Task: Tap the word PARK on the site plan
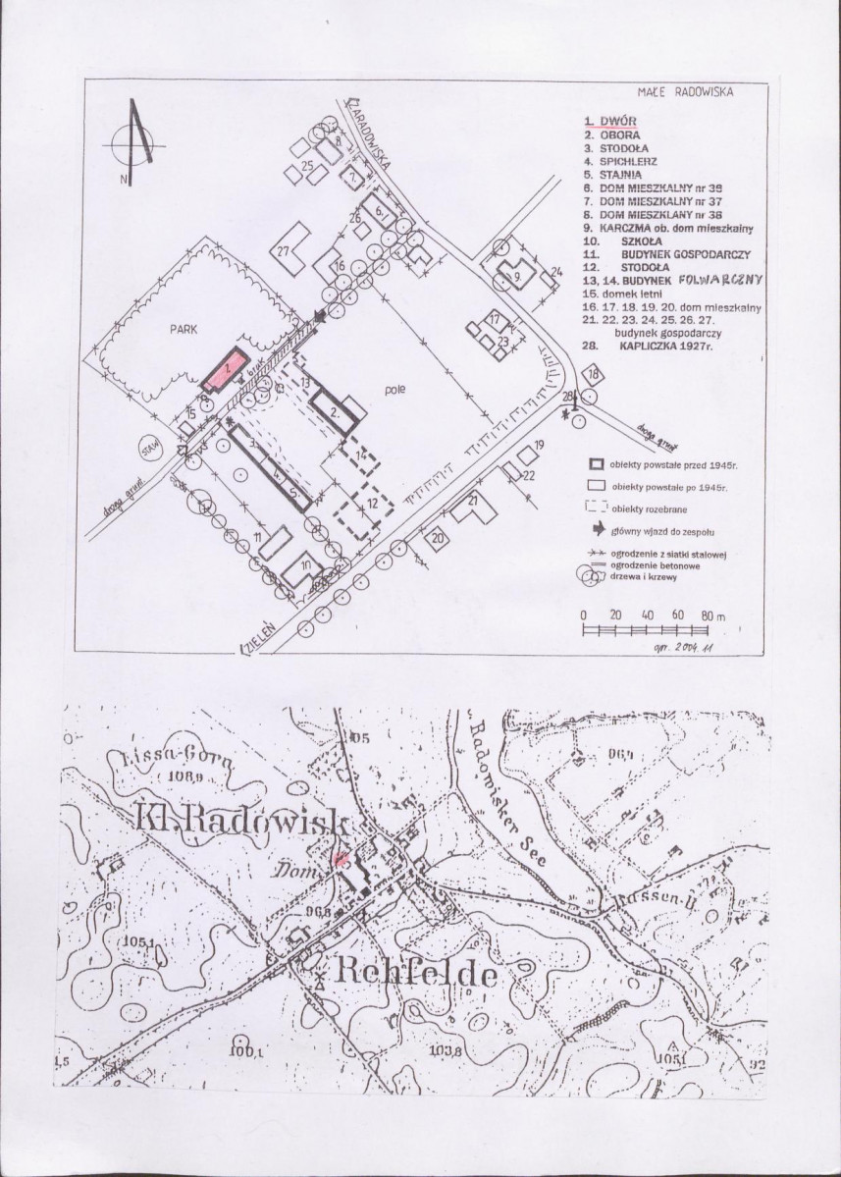[x=184, y=331]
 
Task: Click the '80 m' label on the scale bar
[x=711, y=615]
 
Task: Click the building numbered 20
[x=436, y=536]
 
